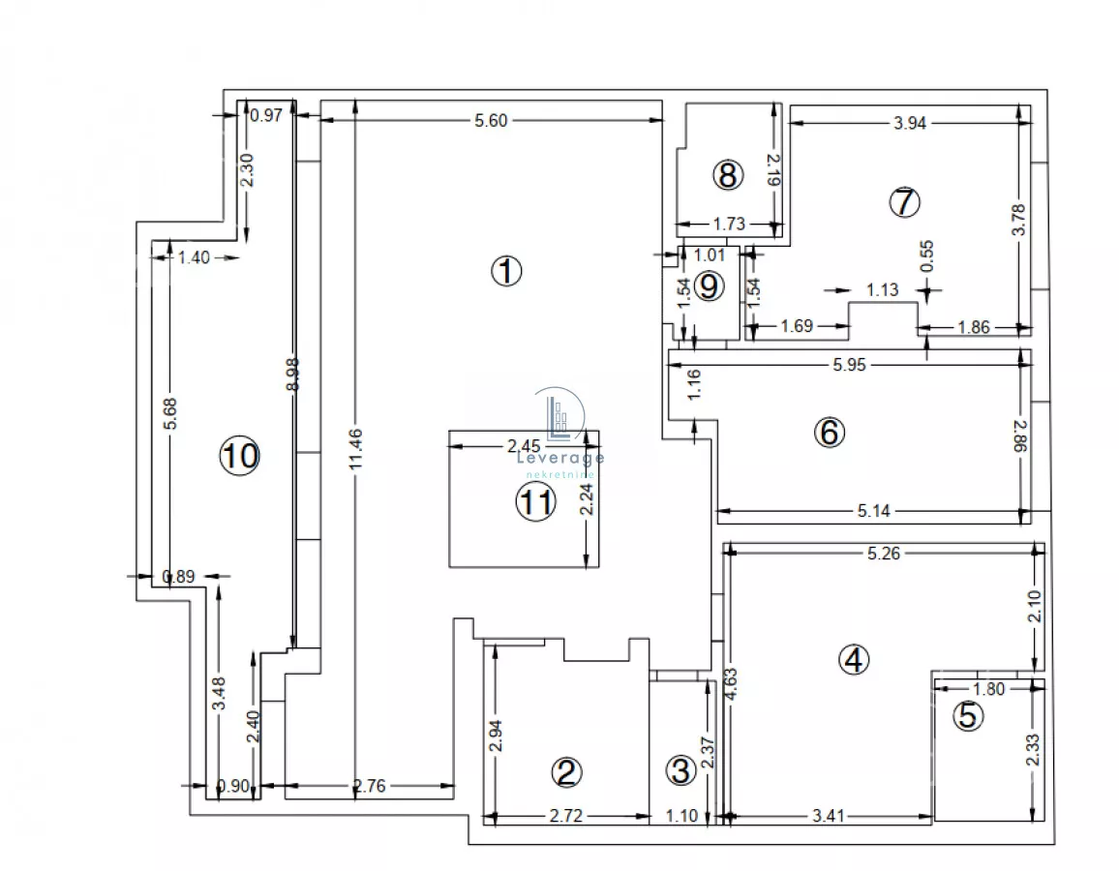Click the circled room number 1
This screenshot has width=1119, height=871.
pyautogui.click(x=506, y=271)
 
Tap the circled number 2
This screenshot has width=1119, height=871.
pyautogui.click(x=566, y=772)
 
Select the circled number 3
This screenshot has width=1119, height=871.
pyautogui.click(x=680, y=770)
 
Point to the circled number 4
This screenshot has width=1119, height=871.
pyautogui.click(x=854, y=660)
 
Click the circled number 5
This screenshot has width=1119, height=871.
pyautogui.click(x=968, y=715)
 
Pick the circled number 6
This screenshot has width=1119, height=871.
pyautogui.click(x=830, y=432)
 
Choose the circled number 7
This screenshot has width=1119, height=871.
pyautogui.click(x=904, y=202)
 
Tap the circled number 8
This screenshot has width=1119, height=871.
pyautogui.click(x=728, y=175)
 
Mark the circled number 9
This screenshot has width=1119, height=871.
pyautogui.click(x=709, y=286)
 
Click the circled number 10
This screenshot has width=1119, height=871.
pyautogui.click(x=240, y=455)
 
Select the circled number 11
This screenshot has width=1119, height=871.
pyautogui.click(x=535, y=502)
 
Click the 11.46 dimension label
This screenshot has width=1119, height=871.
pyautogui.click(x=356, y=448)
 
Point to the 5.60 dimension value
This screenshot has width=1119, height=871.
pyautogui.click(x=491, y=121)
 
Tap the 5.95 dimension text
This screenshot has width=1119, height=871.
pyautogui.click(x=849, y=365)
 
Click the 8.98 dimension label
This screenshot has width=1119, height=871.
pyautogui.click(x=292, y=374)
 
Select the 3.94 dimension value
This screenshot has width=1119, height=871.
pyautogui.click(x=910, y=124)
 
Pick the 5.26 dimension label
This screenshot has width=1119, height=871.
pyautogui.click(x=884, y=553)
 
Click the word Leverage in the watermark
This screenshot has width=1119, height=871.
pyautogui.click(x=560, y=457)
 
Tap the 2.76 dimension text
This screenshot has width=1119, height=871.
pyautogui.click(x=370, y=786)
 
